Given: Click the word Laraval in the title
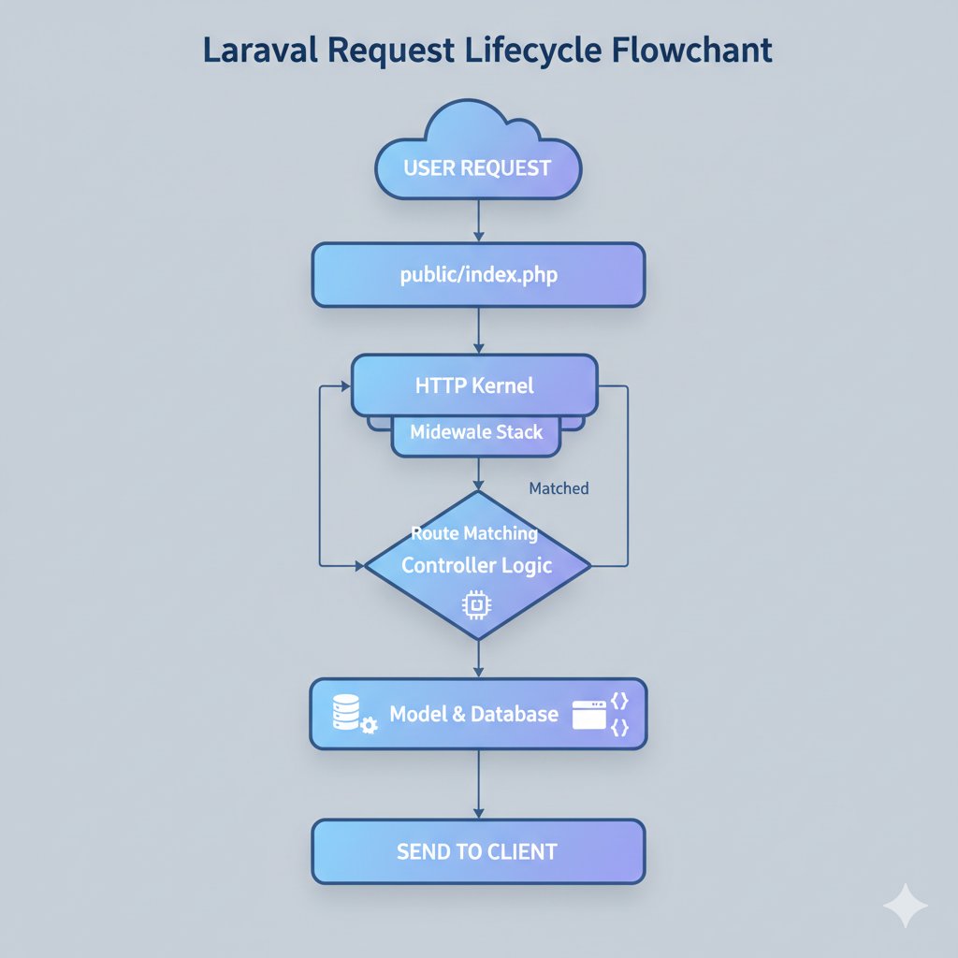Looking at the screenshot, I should point(254,51).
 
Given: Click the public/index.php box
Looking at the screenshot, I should point(478,275).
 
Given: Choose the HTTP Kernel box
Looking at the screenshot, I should point(474,385).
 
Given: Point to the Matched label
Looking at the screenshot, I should point(559,488).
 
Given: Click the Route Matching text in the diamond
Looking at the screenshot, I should point(474,533).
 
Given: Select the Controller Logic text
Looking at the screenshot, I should point(476,565).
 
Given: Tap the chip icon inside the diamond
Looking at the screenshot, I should point(476,606).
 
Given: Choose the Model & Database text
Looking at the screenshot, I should point(473,715).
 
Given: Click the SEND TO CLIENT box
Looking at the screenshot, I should point(478,851).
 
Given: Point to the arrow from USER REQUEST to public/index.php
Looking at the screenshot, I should point(478,222).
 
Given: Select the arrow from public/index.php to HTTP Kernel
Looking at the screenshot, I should point(478,330).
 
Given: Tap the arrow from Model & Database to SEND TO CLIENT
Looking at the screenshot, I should point(478,784).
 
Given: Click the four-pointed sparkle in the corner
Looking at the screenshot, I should point(906,905).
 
